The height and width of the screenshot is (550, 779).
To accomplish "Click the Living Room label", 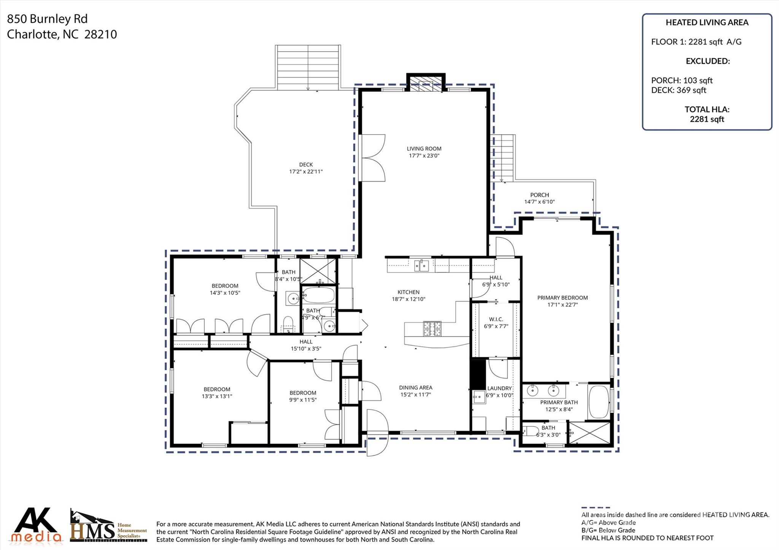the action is (x=424, y=149).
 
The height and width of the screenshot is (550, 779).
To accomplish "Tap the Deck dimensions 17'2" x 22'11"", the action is (x=306, y=171).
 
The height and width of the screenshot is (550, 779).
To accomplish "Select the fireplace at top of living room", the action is (x=426, y=82).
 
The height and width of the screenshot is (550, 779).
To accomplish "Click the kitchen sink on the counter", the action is (x=421, y=265).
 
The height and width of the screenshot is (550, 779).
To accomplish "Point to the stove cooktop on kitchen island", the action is (x=432, y=329).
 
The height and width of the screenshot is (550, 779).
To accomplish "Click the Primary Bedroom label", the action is (x=563, y=298).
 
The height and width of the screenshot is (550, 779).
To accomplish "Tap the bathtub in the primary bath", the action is (x=599, y=402).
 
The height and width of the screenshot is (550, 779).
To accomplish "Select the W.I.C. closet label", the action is (x=496, y=319).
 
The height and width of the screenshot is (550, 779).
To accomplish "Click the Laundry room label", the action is (x=499, y=388).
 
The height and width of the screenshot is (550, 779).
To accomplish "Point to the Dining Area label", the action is (x=416, y=388).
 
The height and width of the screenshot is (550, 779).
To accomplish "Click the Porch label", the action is (x=540, y=195).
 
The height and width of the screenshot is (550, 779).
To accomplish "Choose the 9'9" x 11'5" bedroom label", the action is (x=303, y=396).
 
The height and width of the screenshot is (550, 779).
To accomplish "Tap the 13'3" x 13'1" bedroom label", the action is (x=217, y=393).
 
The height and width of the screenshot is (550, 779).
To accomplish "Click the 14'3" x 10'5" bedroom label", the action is (x=225, y=289).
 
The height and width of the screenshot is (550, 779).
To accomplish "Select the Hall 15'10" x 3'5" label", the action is (x=306, y=345).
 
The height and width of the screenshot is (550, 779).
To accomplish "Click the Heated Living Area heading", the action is (x=707, y=22).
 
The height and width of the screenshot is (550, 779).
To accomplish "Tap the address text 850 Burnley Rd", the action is (x=47, y=19).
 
